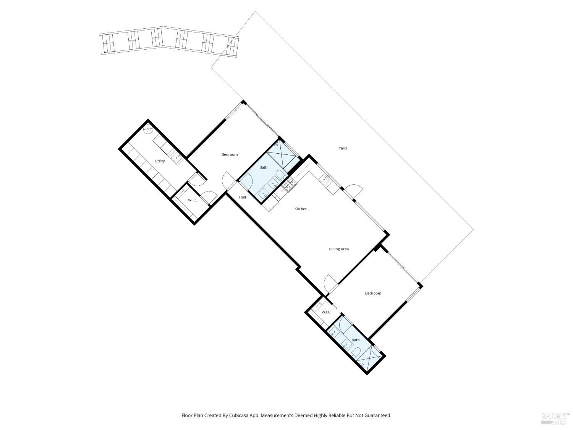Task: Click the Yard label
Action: (x=343, y=148)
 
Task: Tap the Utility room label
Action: (x=160, y=161)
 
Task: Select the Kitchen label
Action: (x=301, y=209)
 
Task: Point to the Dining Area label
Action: (x=338, y=249)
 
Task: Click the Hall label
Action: (x=243, y=197)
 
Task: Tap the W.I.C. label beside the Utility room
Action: (x=193, y=200)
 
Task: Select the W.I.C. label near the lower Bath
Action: (x=326, y=312)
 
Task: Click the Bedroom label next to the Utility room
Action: (x=230, y=154)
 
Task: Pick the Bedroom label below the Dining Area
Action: (x=373, y=293)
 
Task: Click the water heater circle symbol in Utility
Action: (x=147, y=130)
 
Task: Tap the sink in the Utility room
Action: (x=176, y=157)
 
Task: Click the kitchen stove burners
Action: (x=290, y=185)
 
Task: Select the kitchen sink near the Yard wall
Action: (x=324, y=179)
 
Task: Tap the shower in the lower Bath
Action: (x=370, y=359)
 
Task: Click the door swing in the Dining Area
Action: (x=330, y=282)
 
